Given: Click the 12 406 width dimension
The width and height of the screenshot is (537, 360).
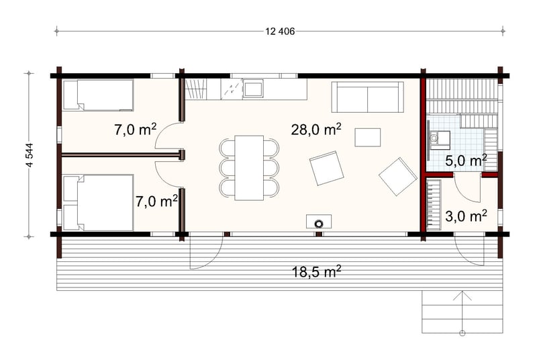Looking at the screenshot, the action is tap(280, 32).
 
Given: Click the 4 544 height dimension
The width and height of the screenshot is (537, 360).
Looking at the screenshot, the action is tap(30, 155).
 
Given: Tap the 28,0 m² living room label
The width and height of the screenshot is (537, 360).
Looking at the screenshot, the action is tap(316, 130).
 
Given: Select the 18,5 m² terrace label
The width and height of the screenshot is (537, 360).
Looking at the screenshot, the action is tap(316, 271).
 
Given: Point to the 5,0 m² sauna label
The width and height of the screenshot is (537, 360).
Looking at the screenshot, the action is tap(466, 160).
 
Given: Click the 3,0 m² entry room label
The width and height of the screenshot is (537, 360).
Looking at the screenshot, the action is tap(466, 216).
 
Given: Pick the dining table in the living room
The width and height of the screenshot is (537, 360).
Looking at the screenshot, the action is tap(249, 168).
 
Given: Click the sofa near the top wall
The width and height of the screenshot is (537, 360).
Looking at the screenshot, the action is tap(367, 97).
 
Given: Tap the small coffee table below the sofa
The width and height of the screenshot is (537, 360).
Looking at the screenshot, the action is tap(367, 138).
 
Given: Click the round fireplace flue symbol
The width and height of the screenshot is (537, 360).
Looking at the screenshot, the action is tap(319, 224).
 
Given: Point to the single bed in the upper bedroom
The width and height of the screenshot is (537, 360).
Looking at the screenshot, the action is tap(98, 95).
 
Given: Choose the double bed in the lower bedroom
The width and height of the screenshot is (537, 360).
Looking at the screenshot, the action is tap(98, 202).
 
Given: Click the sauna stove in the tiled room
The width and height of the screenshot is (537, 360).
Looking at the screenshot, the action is tap(440, 140).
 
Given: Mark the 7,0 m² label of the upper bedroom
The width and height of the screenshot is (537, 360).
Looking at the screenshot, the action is tap(136, 130).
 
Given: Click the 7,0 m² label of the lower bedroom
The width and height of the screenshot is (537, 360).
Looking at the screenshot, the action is tap(156, 201).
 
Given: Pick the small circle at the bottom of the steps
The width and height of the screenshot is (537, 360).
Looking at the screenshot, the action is tap(462, 332).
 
